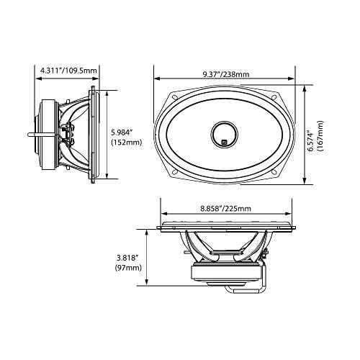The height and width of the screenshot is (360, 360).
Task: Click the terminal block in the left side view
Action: [x=71, y=135]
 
